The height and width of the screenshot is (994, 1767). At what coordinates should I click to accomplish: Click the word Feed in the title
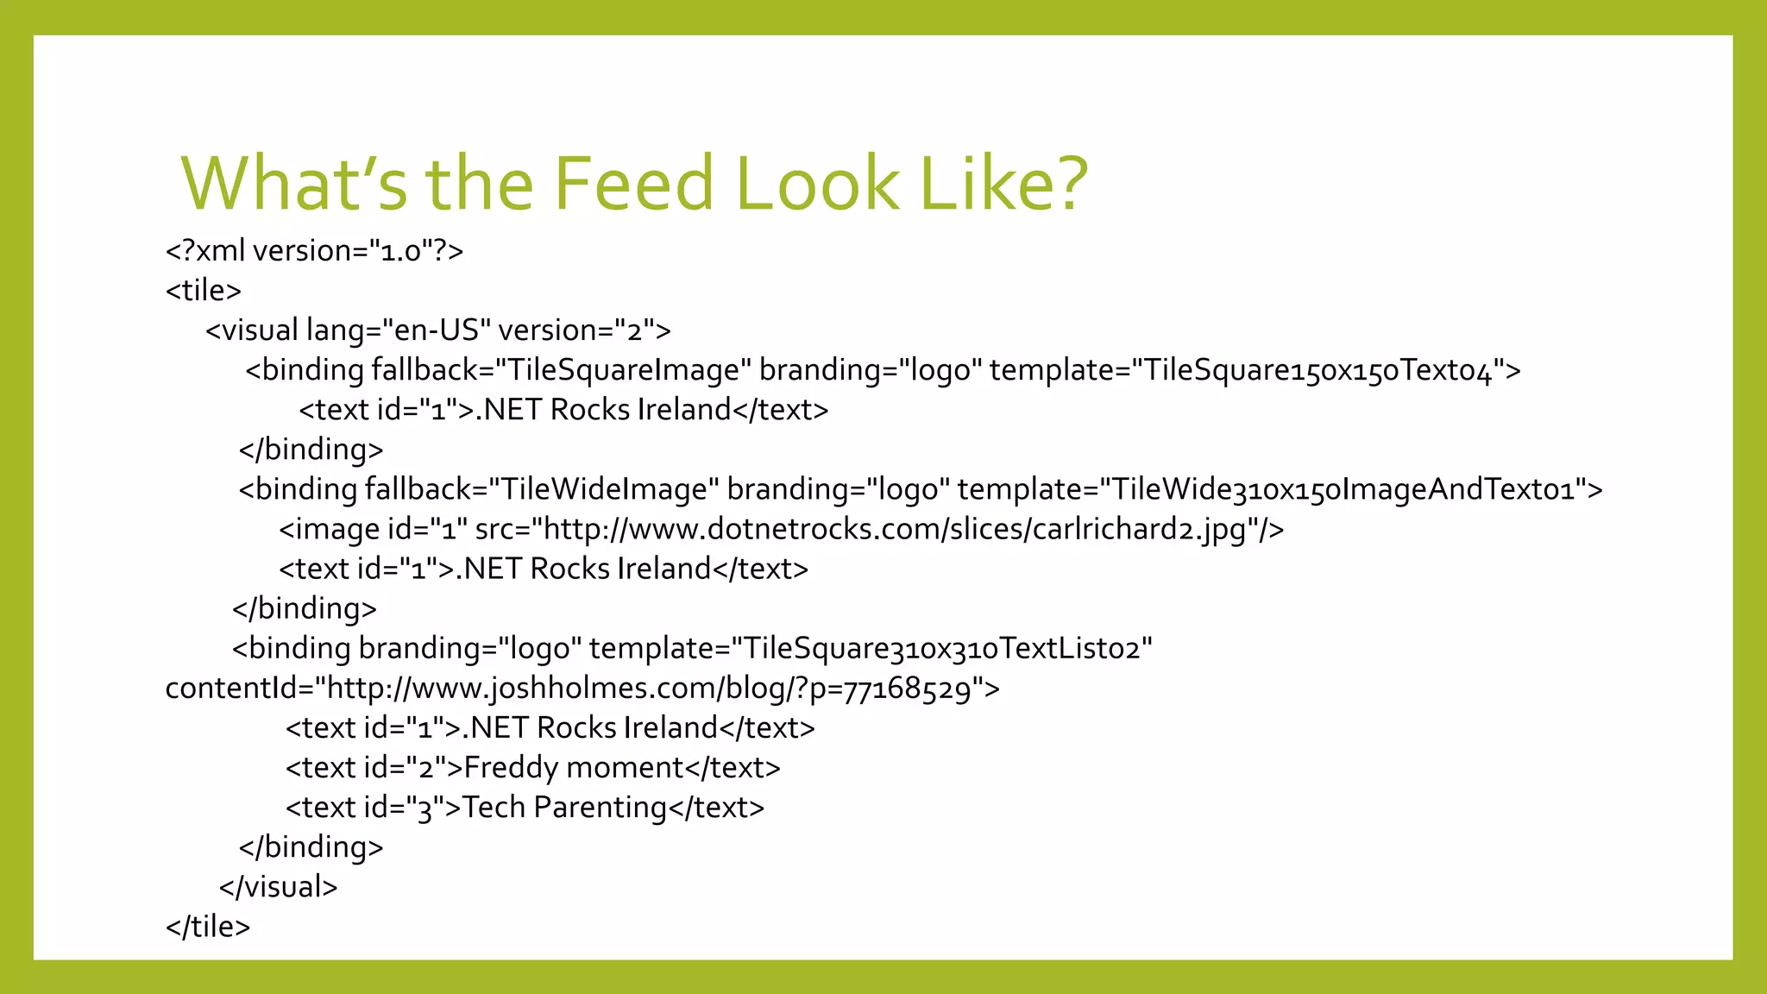634,184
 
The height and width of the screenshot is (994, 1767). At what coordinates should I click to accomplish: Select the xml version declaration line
314,250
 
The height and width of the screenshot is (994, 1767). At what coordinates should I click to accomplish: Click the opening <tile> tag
203,290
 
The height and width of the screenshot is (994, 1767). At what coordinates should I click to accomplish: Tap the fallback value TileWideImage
603,489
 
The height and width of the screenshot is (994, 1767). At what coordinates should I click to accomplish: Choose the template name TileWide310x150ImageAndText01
1349,489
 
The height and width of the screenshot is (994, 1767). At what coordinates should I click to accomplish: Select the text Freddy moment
574,767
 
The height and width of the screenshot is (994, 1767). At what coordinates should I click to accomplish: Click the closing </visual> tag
278,887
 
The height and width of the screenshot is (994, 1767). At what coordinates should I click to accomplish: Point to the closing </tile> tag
208,927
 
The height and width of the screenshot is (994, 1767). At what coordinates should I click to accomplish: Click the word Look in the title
817,184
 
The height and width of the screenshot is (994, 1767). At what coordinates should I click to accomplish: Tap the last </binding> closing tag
311,847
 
